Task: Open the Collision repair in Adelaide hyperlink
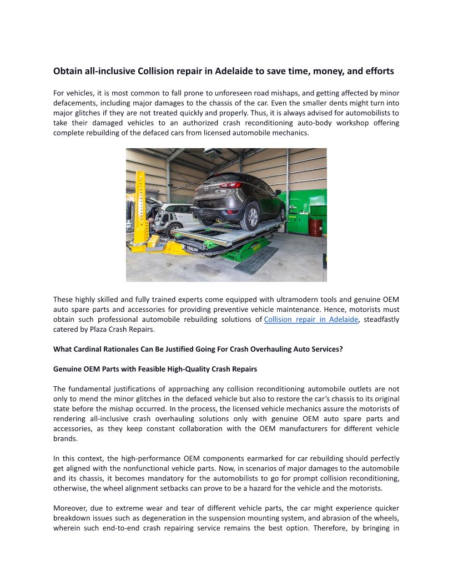(311, 320)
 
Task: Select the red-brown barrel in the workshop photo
(315, 226)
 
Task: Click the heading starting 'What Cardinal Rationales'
(198, 350)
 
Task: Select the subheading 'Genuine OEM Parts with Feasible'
(155, 369)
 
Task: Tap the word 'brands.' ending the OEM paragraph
(64, 438)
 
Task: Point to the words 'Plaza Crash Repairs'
(127, 330)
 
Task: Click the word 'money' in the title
(330, 71)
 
